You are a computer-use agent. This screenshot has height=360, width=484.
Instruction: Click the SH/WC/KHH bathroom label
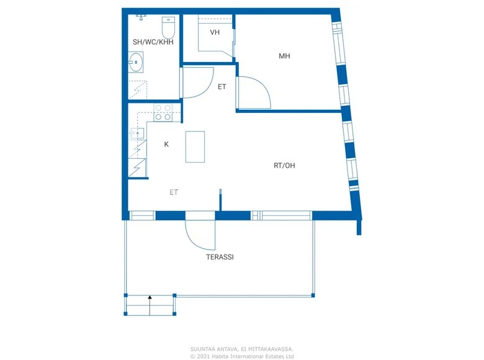click(x=153, y=42)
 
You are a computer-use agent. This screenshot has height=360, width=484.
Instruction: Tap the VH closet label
click(x=215, y=32)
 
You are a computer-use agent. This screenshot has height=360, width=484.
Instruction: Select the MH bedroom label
click(x=284, y=56)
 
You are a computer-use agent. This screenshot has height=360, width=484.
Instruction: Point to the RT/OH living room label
click(x=284, y=166)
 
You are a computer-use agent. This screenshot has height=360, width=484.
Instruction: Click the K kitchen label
click(x=166, y=144)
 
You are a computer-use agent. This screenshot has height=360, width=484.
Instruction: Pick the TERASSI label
click(x=220, y=256)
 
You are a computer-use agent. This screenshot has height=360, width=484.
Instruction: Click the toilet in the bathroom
click(x=169, y=27)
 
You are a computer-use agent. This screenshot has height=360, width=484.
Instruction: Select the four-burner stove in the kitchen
click(x=163, y=112)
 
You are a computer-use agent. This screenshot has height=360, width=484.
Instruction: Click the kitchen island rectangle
click(x=195, y=146)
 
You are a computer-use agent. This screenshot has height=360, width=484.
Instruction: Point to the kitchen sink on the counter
click(x=139, y=132)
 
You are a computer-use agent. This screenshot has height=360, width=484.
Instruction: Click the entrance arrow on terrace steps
click(x=150, y=300)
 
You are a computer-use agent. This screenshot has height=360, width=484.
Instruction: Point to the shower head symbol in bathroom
click(x=141, y=17)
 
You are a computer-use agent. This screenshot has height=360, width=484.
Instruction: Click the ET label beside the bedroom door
click(x=222, y=87)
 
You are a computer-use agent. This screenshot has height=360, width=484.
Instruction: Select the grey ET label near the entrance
click(x=174, y=192)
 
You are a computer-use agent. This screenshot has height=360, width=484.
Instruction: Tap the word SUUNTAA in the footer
click(x=202, y=349)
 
